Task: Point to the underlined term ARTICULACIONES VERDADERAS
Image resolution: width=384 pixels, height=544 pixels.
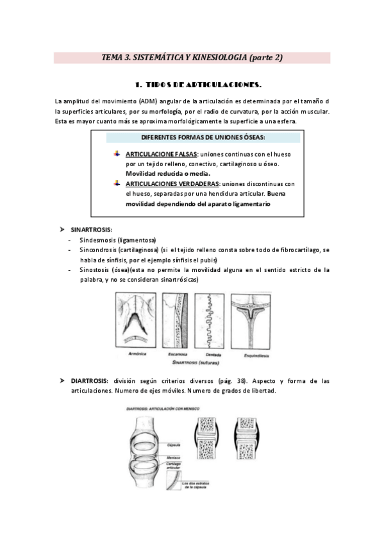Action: click(168, 183)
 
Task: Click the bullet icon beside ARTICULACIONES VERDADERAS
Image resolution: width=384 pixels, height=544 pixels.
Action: click(117, 183)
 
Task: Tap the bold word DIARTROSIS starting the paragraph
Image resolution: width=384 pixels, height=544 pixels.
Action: click(90, 380)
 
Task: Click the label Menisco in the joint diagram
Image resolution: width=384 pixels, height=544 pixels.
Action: click(190, 457)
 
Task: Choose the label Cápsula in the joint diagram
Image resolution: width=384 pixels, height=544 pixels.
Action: click(190, 444)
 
